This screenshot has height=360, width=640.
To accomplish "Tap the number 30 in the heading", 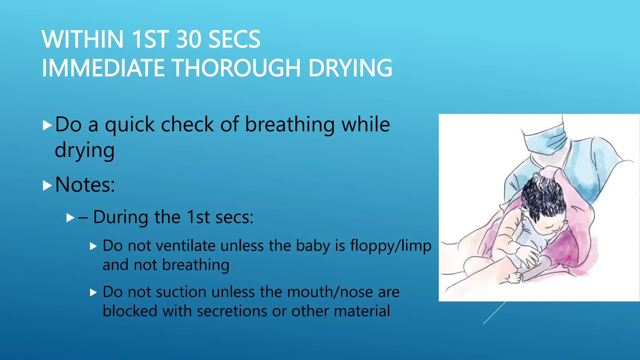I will pos(188,39).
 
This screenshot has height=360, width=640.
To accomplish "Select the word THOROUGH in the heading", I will pos(236,68).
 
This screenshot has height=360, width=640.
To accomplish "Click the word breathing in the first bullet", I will pos(289,124).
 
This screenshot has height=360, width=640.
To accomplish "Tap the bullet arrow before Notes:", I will pos(47,186).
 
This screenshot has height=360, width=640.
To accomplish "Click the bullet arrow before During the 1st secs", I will pos(71,218).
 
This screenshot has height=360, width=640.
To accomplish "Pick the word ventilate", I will pos(185,246).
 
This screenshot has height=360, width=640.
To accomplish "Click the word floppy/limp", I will pos(391,246).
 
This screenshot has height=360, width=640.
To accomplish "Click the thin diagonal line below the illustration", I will pos(494,312).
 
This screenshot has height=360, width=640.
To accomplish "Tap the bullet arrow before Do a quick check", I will pos(47,126).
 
